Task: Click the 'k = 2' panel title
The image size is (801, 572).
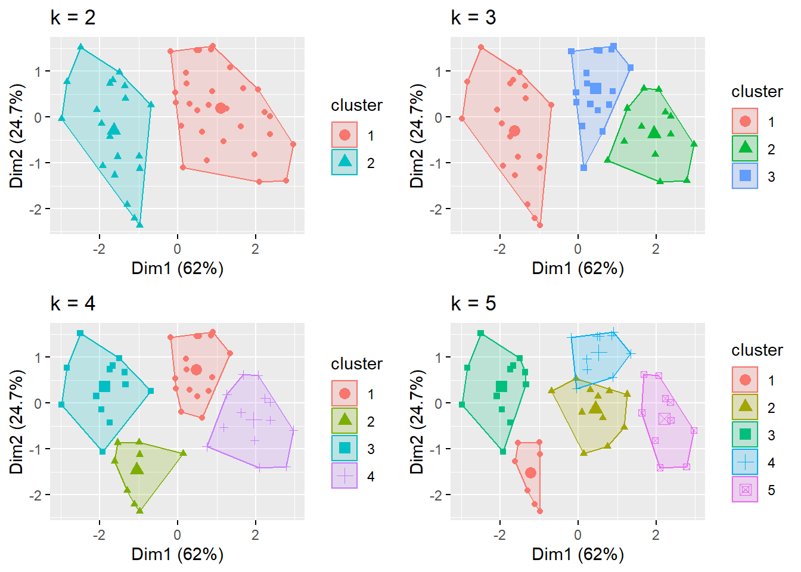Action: tap(73, 17)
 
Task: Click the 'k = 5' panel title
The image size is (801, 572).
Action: tap(473, 303)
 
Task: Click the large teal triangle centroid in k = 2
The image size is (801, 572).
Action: tap(114, 129)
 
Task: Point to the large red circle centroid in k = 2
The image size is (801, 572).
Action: tap(221, 108)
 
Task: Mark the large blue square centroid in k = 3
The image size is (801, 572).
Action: tap(596, 89)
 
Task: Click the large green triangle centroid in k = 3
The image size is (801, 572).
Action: tap(654, 132)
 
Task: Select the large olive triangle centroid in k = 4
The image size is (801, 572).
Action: tap(137, 468)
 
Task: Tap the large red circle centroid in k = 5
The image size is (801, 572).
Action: tap(530, 472)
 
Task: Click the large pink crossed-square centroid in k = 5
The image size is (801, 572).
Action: tap(665, 419)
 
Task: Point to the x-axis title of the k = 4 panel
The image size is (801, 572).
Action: tap(178, 554)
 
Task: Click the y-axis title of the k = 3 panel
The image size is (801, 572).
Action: tap(417, 135)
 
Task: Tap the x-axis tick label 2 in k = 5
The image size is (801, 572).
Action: tap(656, 535)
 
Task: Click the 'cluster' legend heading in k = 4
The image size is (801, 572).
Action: tap(356, 363)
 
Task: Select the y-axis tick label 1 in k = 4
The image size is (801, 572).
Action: tap(38, 357)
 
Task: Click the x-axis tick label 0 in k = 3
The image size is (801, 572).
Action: tap(578, 249)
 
